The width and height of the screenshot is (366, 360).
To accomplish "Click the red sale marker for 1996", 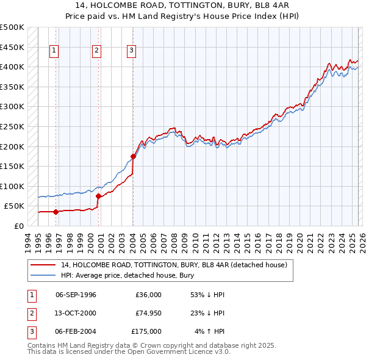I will click(56, 212).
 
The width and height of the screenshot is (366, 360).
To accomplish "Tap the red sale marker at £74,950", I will click(98, 196).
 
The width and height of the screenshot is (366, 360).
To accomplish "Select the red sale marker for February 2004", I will click(133, 157).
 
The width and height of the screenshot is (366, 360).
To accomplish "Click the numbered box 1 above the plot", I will click(54, 51).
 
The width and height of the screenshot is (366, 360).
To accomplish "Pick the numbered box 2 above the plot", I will click(96, 51).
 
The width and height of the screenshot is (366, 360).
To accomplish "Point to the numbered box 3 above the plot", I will click(132, 51).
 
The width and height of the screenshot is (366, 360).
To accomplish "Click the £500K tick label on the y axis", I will click(12, 27).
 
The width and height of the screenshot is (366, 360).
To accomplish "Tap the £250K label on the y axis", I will click(12, 127).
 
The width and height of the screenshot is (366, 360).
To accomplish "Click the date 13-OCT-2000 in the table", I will click(76, 313).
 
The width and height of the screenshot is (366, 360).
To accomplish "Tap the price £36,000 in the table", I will click(148, 295).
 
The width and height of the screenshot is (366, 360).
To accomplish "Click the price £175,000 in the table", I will click(146, 331).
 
